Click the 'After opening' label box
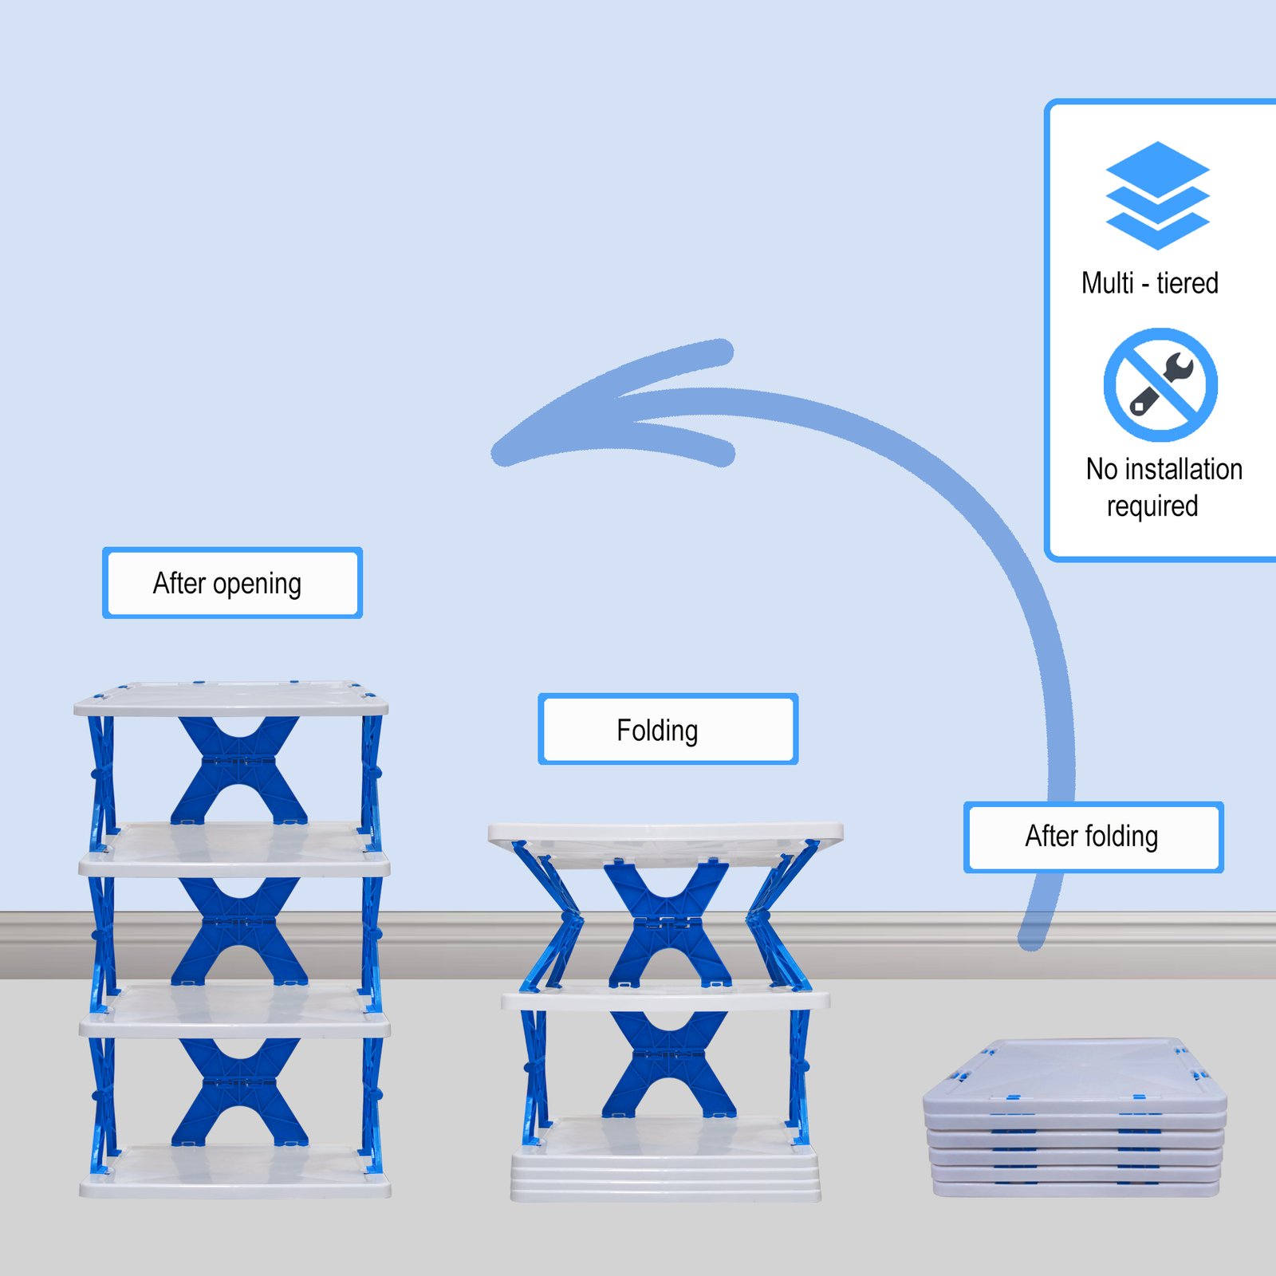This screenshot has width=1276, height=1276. point(232,583)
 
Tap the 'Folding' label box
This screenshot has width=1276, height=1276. point(668,729)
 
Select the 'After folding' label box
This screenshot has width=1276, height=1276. point(1093,837)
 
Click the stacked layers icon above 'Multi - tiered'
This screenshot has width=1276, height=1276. point(1157,195)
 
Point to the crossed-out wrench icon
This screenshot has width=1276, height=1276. point(1160,384)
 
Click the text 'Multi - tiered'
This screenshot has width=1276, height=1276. point(1149,283)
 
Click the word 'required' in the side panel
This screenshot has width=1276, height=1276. point(1152,506)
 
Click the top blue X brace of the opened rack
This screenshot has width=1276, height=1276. point(238,769)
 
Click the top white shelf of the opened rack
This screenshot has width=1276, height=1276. point(230,699)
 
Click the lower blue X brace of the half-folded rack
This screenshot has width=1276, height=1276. point(668,1065)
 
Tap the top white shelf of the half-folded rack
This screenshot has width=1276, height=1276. point(665,834)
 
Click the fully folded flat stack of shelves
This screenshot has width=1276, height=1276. point(1075,1116)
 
